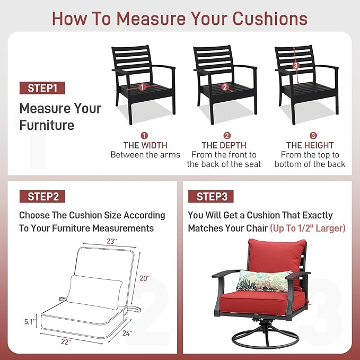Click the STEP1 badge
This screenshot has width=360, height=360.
(x=42, y=88)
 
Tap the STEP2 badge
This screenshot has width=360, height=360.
(x=42, y=197)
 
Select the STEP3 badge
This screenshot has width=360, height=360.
(x=211, y=197)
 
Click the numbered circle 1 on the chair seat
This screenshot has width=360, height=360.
(x=142, y=87)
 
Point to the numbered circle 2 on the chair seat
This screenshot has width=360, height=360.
(x=225, y=87)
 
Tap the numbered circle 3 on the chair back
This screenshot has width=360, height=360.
(x=296, y=65)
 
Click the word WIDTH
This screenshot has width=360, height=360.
(x=154, y=145)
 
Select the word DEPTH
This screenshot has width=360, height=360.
(x=233, y=145)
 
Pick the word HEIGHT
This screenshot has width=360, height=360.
(x=319, y=145)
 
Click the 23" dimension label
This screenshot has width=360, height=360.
(x=112, y=241)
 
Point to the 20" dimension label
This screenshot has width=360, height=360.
(x=145, y=278)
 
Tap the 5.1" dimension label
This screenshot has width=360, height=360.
(x=30, y=322)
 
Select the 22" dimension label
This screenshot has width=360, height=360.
(x=66, y=342)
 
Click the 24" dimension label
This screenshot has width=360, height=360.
(x=127, y=333)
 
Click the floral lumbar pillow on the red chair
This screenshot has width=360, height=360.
(x=264, y=281)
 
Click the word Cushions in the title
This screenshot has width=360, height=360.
(x=270, y=19)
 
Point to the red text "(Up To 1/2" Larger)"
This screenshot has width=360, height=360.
(x=308, y=228)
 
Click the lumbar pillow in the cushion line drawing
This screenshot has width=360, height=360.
(x=94, y=292)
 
